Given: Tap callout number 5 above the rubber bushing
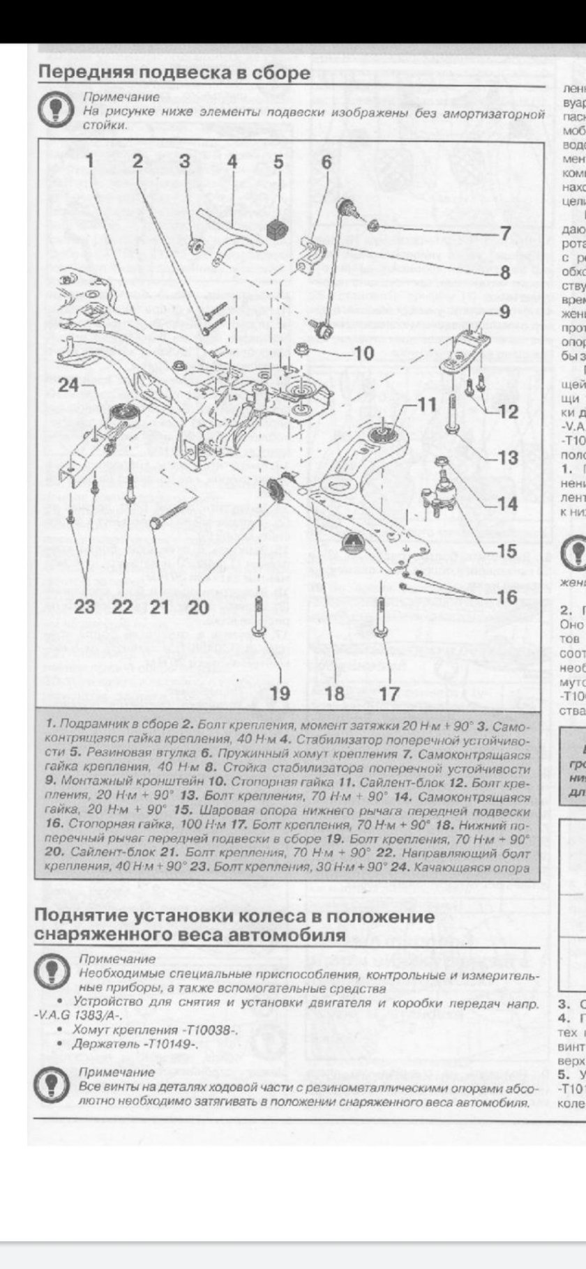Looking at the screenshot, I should [x=278, y=162].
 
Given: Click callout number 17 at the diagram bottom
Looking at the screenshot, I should [x=389, y=674].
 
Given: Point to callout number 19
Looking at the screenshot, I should [x=280, y=674].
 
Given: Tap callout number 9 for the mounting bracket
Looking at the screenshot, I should [x=504, y=311].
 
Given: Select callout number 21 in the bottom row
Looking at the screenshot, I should [x=160, y=606].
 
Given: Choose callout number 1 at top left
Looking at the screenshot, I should [x=89, y=162].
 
